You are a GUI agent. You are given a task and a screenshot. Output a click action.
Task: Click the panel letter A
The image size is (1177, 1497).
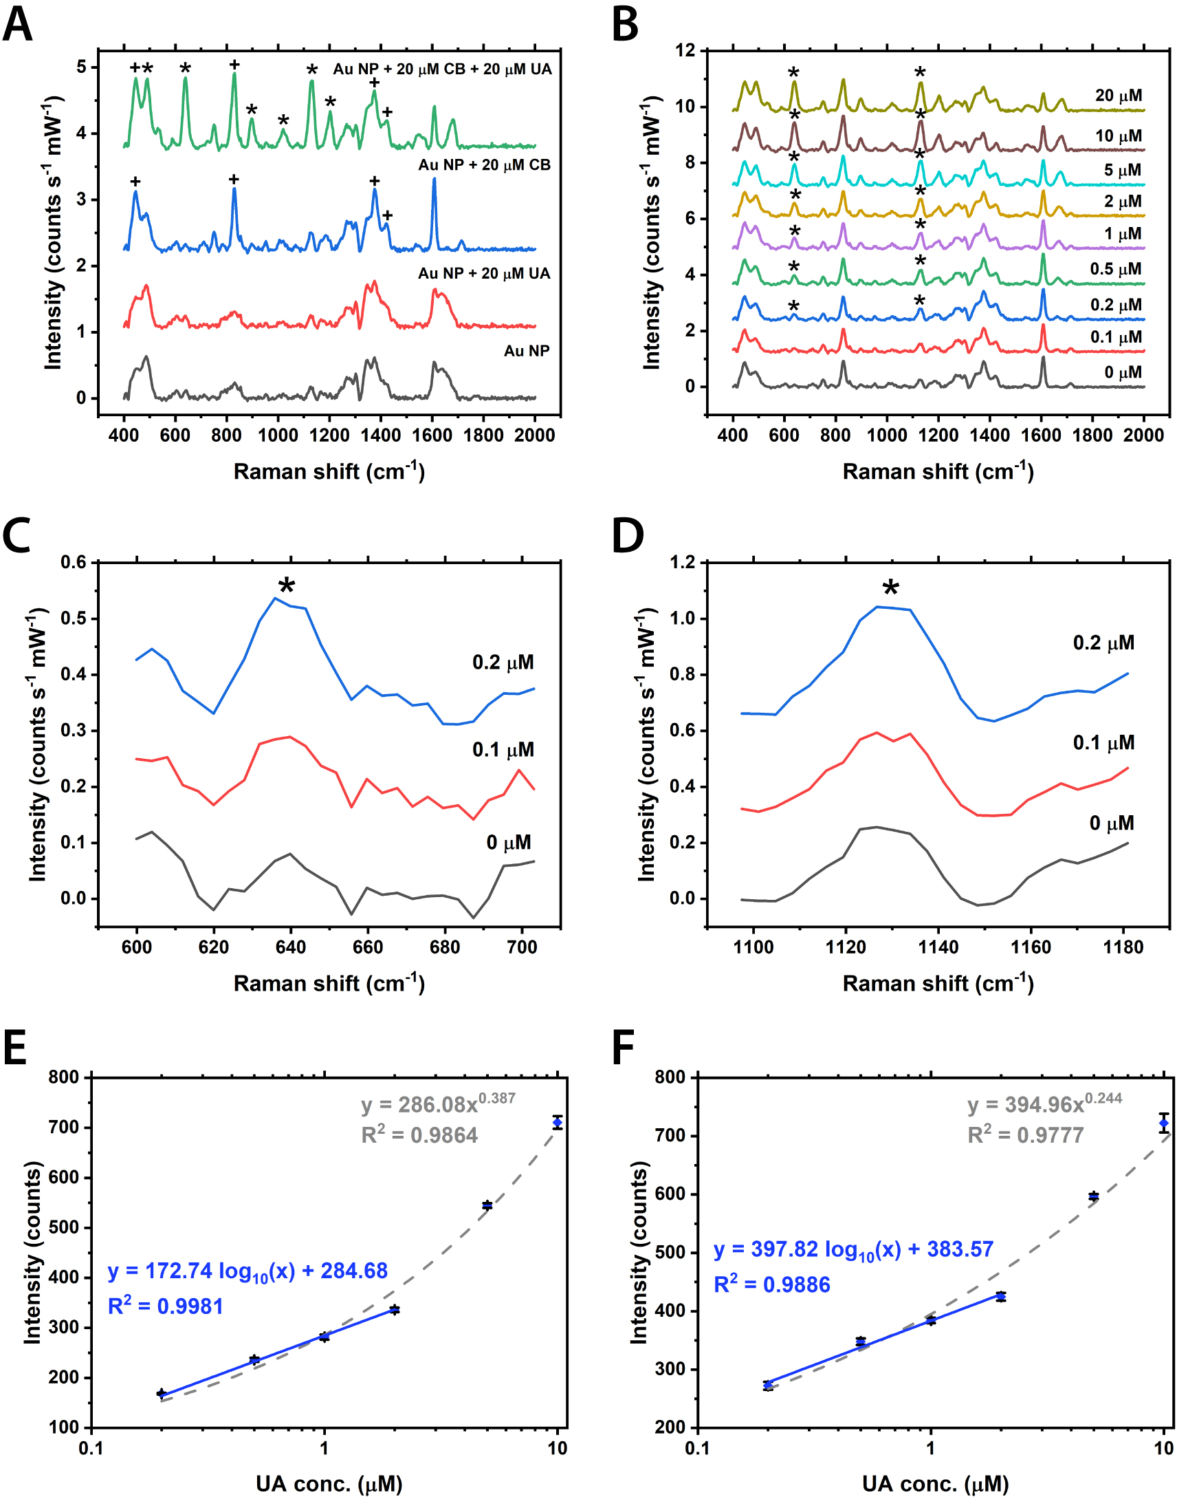[18, 25]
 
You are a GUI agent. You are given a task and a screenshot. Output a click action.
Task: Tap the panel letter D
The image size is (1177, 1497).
[628, 536]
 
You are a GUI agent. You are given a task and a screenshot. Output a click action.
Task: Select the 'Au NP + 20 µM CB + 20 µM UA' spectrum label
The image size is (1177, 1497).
[443, 69]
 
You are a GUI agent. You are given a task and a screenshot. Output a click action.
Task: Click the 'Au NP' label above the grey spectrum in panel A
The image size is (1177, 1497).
[527, 351]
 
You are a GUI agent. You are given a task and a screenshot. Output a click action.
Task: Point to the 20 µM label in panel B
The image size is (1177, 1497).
[1119, 96]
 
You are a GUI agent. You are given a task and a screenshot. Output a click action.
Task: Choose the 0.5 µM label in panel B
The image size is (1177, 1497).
[1116, 269]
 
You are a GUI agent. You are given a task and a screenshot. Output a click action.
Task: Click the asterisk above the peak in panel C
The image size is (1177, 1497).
[287, 585]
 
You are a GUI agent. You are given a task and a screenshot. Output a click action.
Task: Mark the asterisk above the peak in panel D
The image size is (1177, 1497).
[890, 588]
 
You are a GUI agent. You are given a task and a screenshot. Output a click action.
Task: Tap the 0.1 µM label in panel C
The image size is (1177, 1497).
[503, 750]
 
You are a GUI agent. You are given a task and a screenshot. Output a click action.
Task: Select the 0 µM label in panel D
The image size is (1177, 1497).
[1112, 823]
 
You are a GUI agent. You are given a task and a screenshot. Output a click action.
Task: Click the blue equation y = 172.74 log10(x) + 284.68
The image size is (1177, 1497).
[248, 1270]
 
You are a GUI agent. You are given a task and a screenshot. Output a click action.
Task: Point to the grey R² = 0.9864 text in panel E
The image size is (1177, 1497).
[419, 1135]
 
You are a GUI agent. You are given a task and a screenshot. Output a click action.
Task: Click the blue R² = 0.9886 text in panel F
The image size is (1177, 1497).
[772, 1284]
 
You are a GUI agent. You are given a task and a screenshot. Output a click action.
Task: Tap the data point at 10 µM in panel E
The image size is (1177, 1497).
[558, 1123]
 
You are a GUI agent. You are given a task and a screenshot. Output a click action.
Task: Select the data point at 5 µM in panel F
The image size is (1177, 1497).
[1094, 1196]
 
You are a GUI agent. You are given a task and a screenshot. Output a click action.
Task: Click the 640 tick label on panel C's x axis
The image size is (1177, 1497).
[291, 947]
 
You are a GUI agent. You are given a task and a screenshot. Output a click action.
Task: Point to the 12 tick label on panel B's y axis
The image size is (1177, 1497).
[684, 50]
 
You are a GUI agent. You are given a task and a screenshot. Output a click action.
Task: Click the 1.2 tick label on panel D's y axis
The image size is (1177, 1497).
[683, 562]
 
